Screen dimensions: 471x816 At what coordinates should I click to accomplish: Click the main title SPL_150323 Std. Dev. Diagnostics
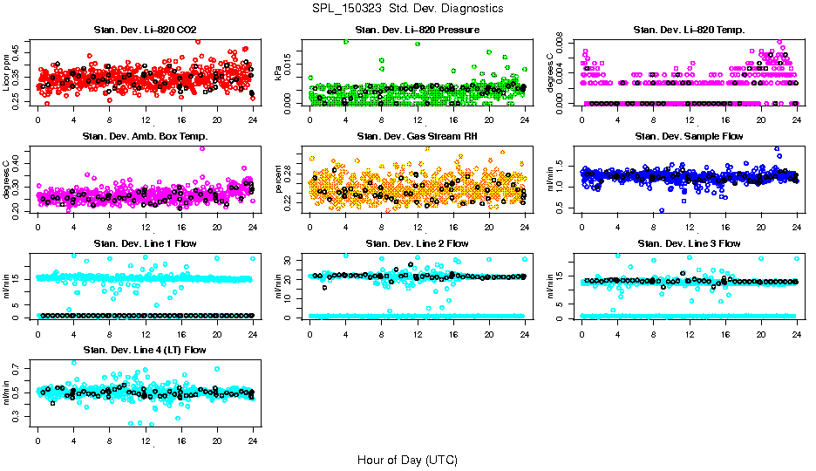407,9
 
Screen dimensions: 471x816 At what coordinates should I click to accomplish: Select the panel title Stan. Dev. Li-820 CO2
145,31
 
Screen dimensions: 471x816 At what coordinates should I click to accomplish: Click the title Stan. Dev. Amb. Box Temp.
145,136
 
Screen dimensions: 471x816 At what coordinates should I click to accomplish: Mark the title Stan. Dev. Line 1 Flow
145,243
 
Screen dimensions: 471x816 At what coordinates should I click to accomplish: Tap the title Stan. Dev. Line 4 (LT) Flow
145,350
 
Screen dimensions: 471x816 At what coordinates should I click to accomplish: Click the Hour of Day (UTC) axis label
407,460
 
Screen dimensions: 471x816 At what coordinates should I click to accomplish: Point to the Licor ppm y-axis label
7,72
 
